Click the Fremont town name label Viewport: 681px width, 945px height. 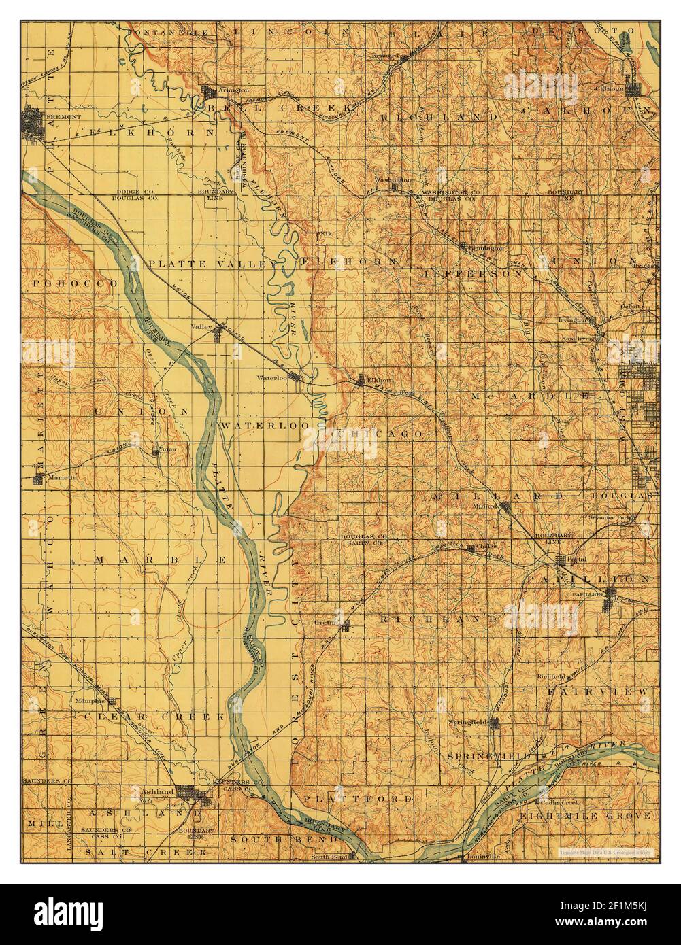(x=63, y=117)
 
